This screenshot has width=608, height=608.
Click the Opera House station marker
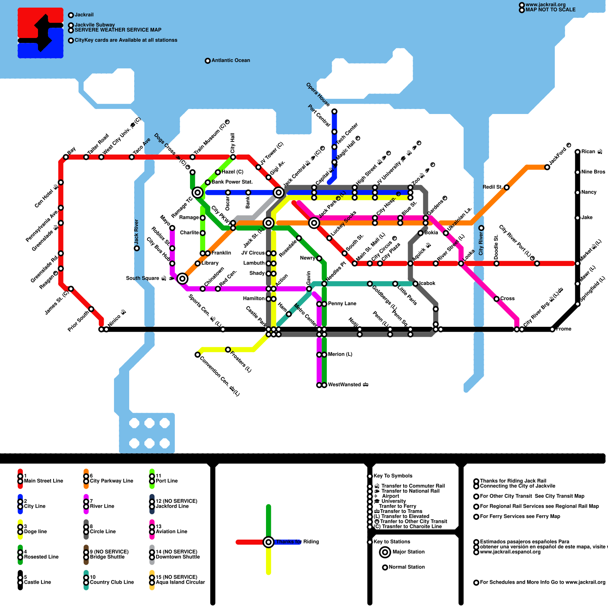pyautogui.click(x=334, y=111)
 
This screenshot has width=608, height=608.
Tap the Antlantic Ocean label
pyautogui.click(x=230, y=60)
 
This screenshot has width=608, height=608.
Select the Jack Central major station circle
pyautogui.click(x=279, y=193)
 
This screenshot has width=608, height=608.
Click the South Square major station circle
pyautogui.click(x=182, y=279)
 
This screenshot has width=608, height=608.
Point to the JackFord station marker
pyautogui.click(x=547, y=167)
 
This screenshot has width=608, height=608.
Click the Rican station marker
pyautogui.click(x=578, y=152)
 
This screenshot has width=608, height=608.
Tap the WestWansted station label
pyautogui.click(x=348, y=385)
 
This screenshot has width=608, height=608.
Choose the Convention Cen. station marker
pyautogui.click(x=198, y=355)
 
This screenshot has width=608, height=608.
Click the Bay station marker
pyautogui.click(x=66, y=157)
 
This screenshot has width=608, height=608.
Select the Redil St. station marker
pyautogui.click(x=507, y=187)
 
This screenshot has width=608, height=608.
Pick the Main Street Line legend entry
pyautogui.click(x=43, y=481)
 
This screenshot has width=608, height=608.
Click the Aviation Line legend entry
pyautogui.click(x=171, y=532)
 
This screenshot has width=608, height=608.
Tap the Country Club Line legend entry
pyautogui.click(x=111, y=582)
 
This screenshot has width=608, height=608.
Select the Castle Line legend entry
pyautogui.click(x=37, y=582)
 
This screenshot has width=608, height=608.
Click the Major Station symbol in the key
pyautogui.click(x=385, y=552)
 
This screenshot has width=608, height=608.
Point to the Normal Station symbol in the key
pyautogui.click(x=385, y=567)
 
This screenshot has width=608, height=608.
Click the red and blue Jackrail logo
pyautogui.click(x=41, y=33)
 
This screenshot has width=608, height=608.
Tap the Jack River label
pyautogui.click(x=136, y=232)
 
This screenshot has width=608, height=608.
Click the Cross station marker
pyautogui.click(x=496, y=299)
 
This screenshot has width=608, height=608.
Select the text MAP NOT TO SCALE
pyautogui.click(x=550, y=10)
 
